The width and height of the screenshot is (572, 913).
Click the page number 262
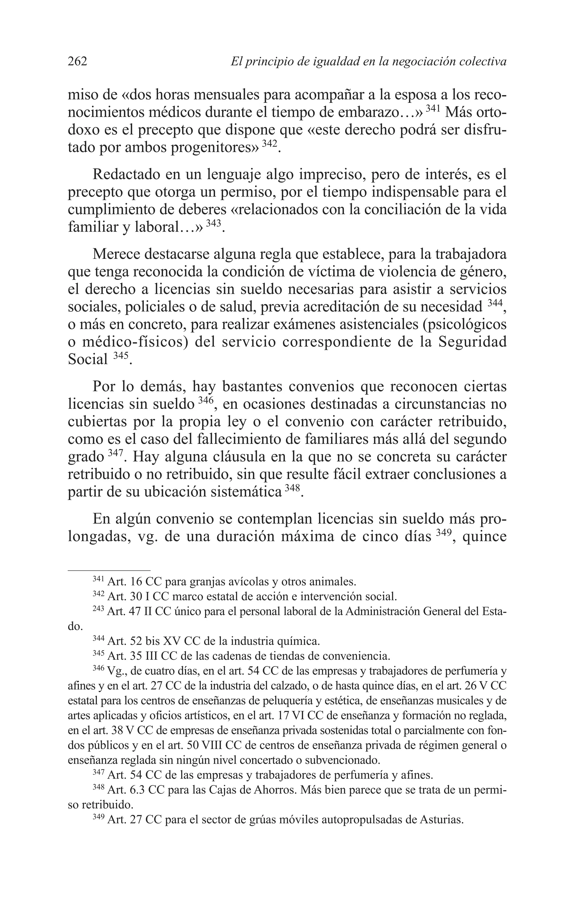78,61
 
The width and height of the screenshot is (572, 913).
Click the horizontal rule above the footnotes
109,570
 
